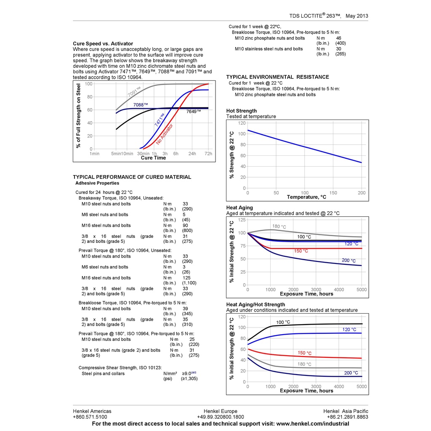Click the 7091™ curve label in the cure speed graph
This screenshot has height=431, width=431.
coord(134,91)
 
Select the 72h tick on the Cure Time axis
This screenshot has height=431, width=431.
coord(208,154)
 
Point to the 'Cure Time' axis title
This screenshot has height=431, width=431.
coord(153,158)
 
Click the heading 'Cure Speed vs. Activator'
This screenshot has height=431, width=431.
coord(103,43)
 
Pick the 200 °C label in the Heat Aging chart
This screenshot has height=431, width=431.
coord(349,261)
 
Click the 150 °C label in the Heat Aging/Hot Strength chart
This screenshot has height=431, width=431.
coord(305,353)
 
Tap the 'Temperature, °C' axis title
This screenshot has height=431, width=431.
coord(306,197)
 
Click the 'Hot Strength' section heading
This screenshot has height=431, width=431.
coord(241,111)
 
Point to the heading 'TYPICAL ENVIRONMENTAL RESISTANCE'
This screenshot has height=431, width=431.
coord(277,77)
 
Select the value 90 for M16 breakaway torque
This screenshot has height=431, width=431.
coord(185,226)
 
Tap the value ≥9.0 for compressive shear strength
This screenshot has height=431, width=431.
coord(187,373)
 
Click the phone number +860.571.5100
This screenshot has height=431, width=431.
coord(90,417)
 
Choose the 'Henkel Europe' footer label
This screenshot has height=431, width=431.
coord(220,411)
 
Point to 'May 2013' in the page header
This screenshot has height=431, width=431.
coord(357,16)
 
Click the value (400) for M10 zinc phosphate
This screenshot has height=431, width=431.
coord(341,43)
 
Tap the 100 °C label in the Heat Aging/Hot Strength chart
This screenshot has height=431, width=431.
coord(283,322)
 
